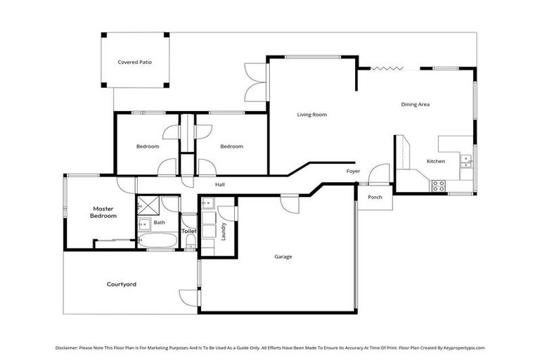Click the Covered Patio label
[x=134, y=62]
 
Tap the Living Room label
[x=311, y=115]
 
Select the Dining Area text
[x=415, y=104]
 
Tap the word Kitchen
[x=436, y=162]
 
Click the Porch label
[x=375, y=197]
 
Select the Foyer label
[x=353, y=171]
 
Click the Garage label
[x=283, y=257]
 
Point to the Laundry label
[x=224, y=232]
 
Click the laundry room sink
[x=207, y=205]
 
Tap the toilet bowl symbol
[x=190, y=241]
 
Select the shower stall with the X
[x=148, y=205]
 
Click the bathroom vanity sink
[x=143, y=224]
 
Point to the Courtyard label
[x=121, y=284]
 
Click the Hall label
[x=220, y=185]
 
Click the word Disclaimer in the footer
[x=70, y=347]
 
